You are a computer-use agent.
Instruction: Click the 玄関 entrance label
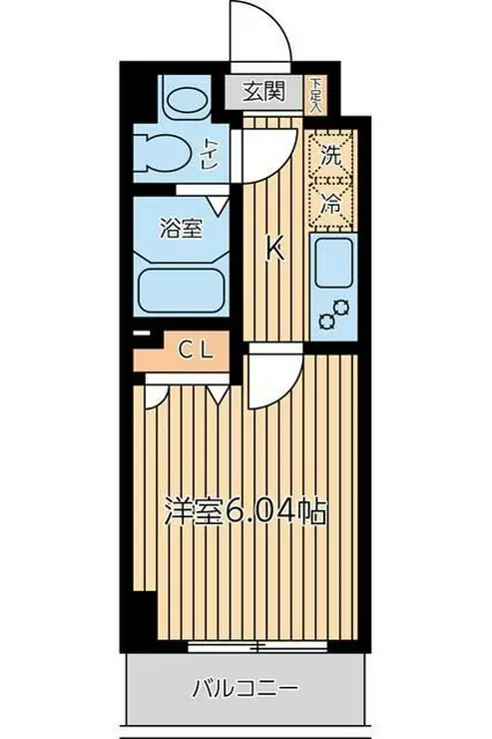pyautogui.click(x=264, y=92)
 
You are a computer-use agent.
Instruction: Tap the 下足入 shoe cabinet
pyautogui.click(x=315, y=95)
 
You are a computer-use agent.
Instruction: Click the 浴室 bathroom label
pyautogui.click(x=181, y=229)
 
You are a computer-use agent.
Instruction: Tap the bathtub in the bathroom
pyautogui.click(x=182, y=290)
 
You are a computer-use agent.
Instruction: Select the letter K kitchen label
pyautogui.click(x=275, y=249)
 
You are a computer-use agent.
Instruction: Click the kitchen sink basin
pyautogui.click(x=333, y=263)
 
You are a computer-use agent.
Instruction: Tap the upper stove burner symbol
pyautogui.click(x=341, y=308)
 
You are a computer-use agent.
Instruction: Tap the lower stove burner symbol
pyautogui.click(x=326, y=322)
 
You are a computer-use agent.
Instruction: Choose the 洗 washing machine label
pyautogui.click(x=331, y=155)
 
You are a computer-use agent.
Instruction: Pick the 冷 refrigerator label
pyautogui.click(x=331, y=204)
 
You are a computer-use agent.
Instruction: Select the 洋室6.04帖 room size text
pyautogui.click(x=246, y=512)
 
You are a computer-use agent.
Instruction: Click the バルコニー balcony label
pyautogui.click(x=246, y=689)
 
